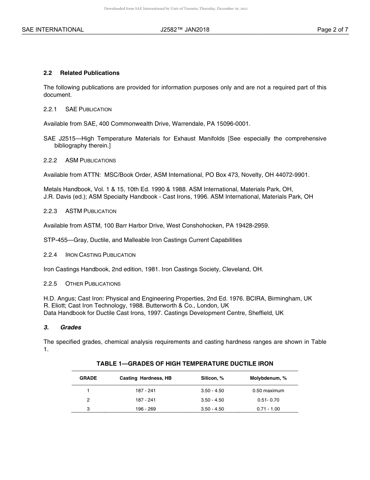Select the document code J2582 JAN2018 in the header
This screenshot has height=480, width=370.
(x=185, y=30)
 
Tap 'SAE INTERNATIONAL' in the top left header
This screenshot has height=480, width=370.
(x=53, y=30)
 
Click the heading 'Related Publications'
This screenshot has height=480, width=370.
(x=90, y=73)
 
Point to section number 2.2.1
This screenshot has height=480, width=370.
(x=50, y=109)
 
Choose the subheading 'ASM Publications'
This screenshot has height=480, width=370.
(x=90, y=160)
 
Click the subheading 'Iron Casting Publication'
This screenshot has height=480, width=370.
(x=100, y=255)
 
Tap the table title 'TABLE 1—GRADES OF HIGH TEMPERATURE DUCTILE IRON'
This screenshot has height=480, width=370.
(x=185, y=364)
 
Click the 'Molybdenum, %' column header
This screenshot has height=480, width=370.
(x=268, y=378)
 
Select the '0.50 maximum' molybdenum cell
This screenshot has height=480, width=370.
(x=268, y=391)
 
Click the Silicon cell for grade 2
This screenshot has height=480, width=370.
(x=212, y=400)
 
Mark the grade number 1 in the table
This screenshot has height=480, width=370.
(x=88, y=391)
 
